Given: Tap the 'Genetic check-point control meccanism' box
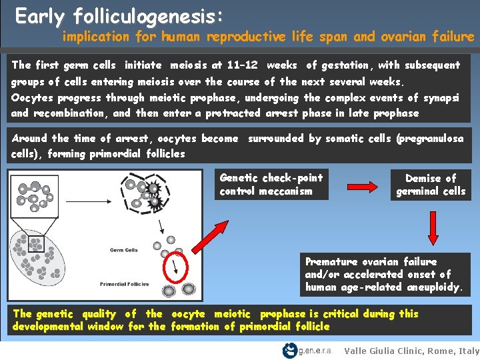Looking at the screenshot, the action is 272,185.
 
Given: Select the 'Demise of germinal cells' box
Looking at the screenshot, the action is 431,185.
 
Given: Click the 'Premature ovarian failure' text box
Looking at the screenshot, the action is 386,274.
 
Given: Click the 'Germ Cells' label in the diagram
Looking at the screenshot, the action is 123,251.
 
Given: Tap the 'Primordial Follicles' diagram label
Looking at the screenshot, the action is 123,284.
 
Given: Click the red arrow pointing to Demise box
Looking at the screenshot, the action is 360,184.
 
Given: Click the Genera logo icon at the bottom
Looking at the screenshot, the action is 290,350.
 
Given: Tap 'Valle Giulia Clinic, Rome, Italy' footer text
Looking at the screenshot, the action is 412,351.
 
